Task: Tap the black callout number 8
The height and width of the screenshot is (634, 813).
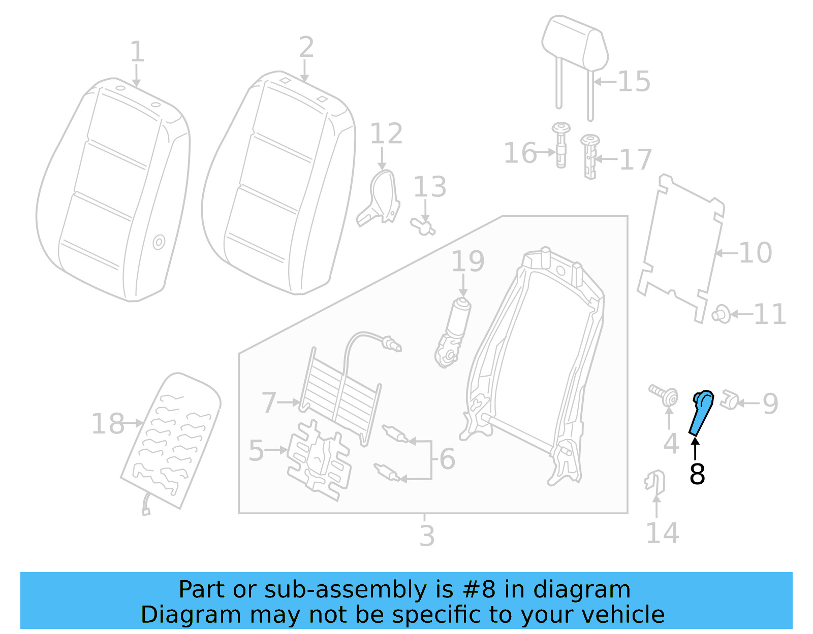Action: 697,474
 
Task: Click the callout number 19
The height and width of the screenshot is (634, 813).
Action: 467,262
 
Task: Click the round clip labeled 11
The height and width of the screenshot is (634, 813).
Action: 721,314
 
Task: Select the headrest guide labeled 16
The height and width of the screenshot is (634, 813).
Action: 561,144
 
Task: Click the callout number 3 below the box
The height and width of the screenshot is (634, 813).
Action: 427,536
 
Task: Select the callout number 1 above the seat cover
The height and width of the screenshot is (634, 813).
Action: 137,52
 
